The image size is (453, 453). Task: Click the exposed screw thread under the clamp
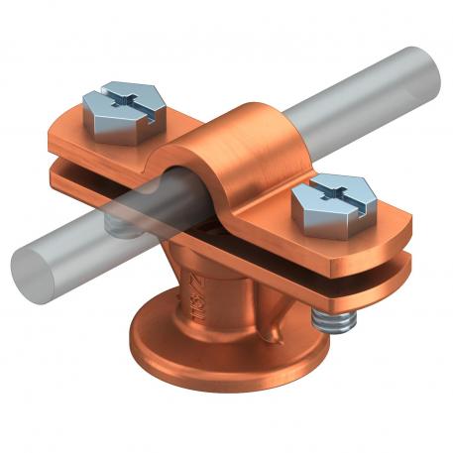point(331,319)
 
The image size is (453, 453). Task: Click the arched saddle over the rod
point(242,150)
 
